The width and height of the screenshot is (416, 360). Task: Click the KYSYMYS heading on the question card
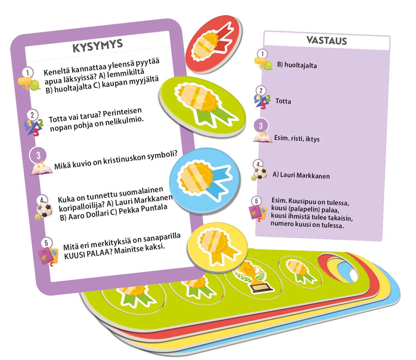(98, 46)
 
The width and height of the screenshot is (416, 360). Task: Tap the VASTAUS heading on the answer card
(327, 40)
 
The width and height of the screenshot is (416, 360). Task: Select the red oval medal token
(214, 44)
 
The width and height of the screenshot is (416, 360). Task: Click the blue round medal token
(204, 180)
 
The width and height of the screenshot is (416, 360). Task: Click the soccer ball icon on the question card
(45, 210)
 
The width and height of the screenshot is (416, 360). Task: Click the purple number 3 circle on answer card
(261, 126)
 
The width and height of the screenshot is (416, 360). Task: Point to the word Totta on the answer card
(283, 101)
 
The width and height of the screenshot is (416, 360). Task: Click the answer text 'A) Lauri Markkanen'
(301, 175)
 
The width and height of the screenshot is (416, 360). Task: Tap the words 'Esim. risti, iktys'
(297, 139)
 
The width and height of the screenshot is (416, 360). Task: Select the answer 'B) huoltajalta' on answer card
(297, 65)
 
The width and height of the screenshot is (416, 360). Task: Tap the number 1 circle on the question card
(27, 72)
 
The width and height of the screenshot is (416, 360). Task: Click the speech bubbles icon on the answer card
(263, 63)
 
